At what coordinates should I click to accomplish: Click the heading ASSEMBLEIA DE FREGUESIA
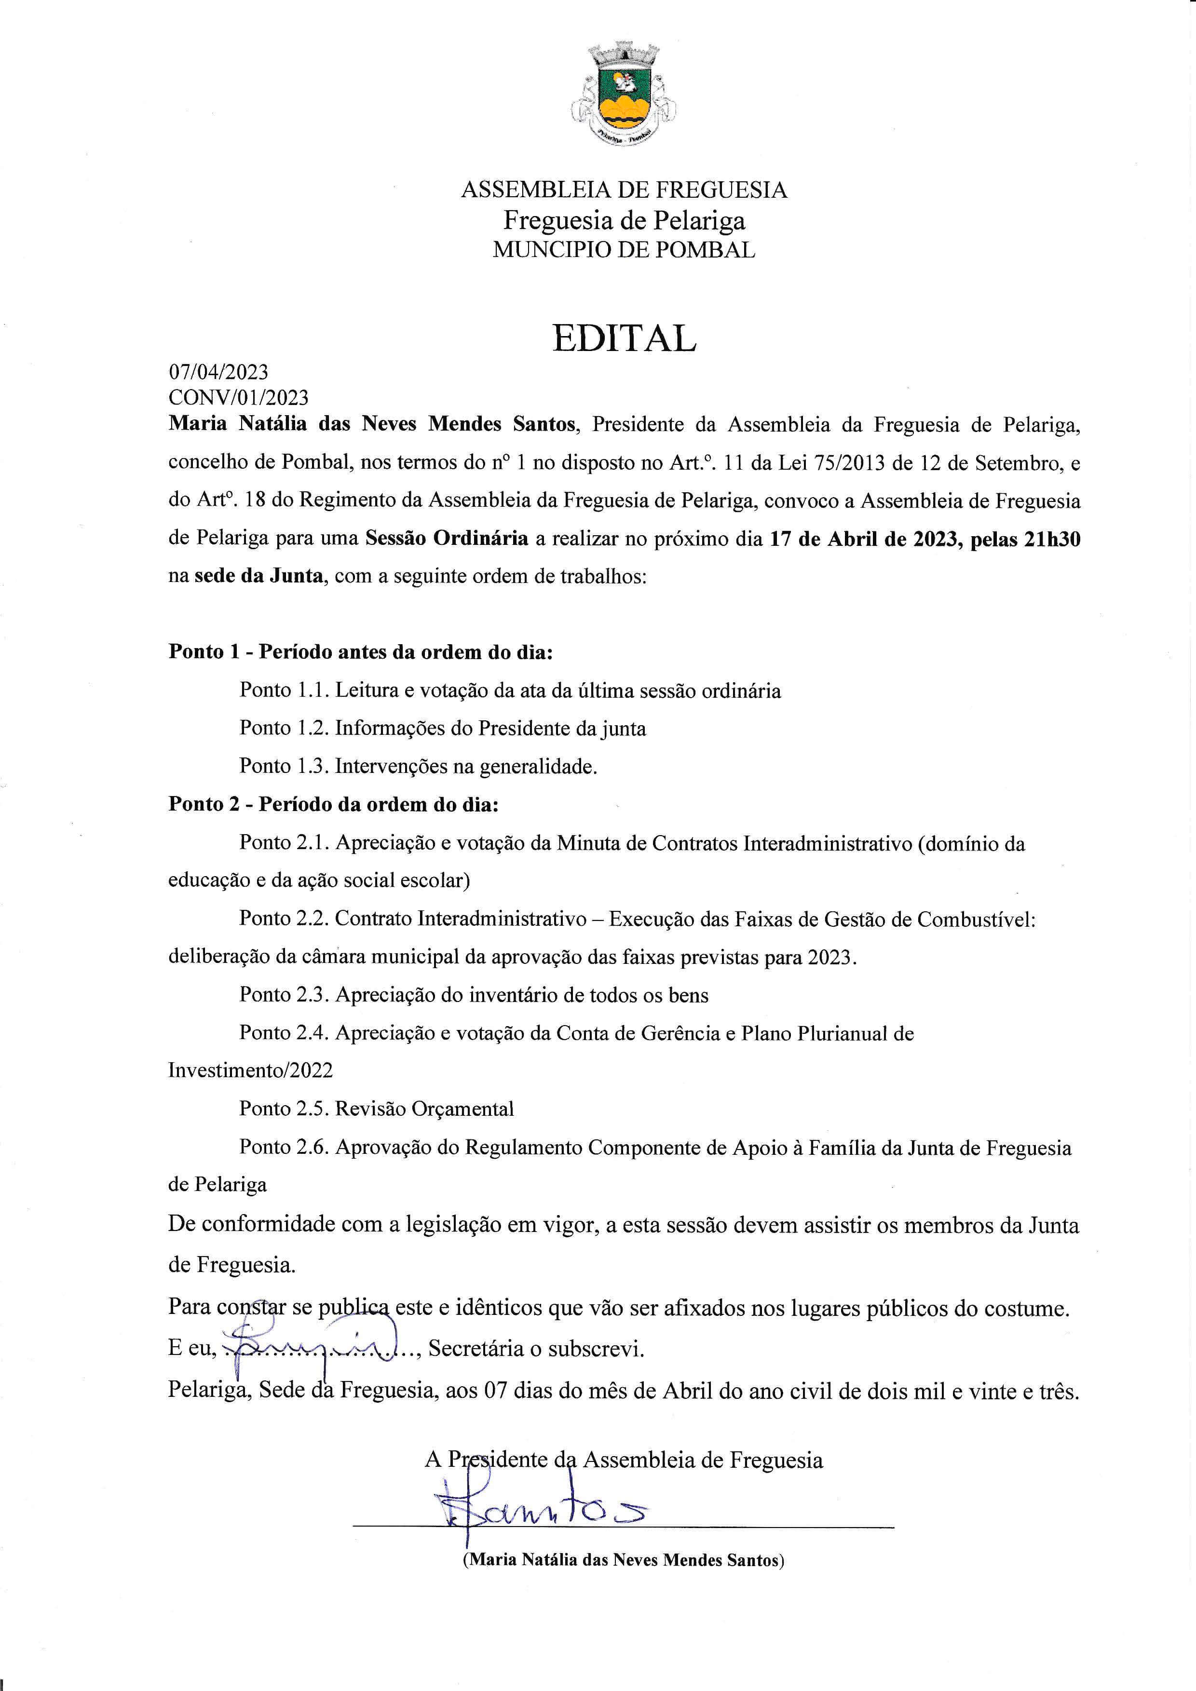click(624, 190)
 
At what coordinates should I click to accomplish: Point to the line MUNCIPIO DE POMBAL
click(624, 250)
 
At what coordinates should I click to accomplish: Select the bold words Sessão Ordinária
click(446, 539)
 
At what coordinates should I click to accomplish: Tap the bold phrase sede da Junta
click(258, 576)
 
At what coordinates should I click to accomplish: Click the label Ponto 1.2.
click(284, 729)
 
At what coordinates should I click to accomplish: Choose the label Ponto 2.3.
click(284, 995)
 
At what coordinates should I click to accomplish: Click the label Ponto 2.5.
click(284, 1109)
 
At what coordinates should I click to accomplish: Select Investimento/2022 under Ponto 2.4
click(250, 1070)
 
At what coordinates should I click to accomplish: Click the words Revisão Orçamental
click(424, 1109)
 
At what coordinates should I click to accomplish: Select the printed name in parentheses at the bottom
click(623, 1559)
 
